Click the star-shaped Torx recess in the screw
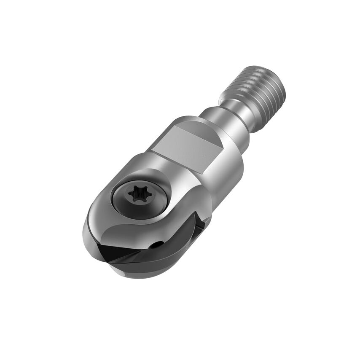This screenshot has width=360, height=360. (138, 194)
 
